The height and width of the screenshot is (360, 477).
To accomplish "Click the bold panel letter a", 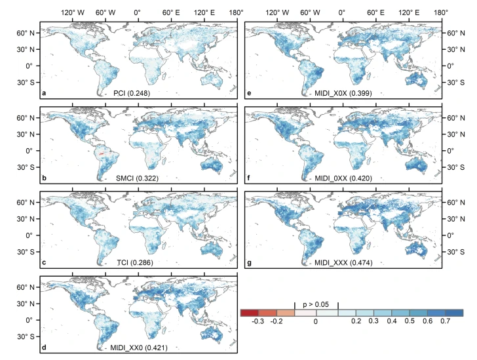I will (44, 94).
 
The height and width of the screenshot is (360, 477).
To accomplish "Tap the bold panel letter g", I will (248, 262).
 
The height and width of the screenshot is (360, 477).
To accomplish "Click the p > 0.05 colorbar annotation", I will (316, 304).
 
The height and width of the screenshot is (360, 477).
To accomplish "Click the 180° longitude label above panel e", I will (440, 12).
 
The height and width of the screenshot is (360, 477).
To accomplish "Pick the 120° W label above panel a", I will (71, 12).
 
